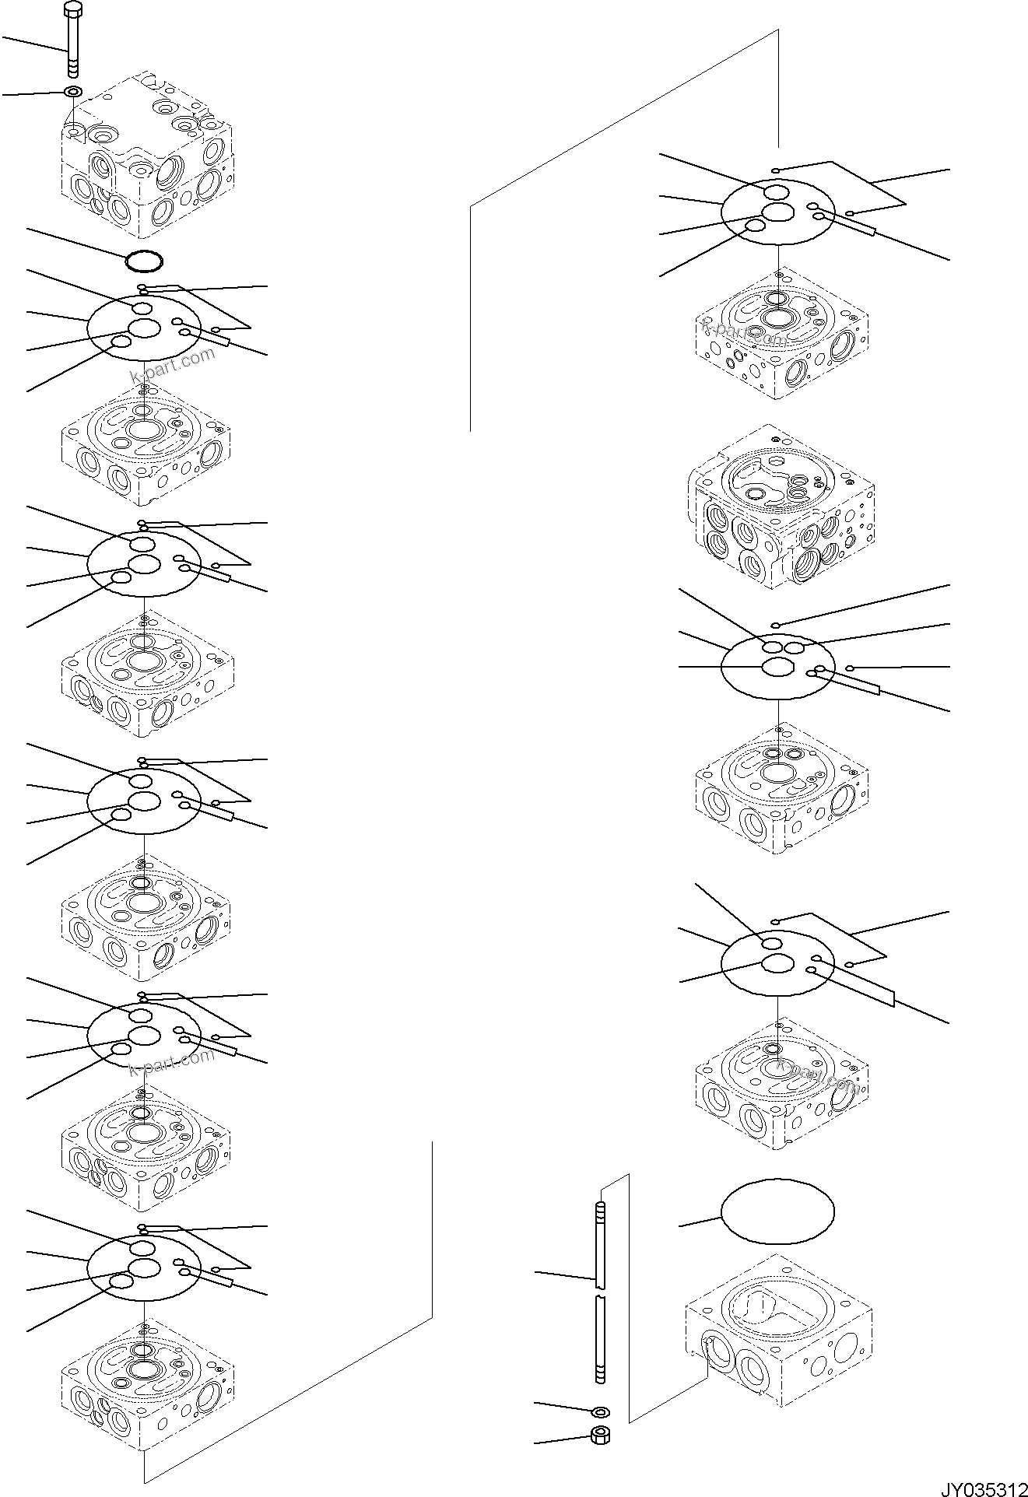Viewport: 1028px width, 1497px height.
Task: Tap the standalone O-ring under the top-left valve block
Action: point(144,261)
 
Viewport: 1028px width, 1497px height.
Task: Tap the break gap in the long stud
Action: point(599,1292)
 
